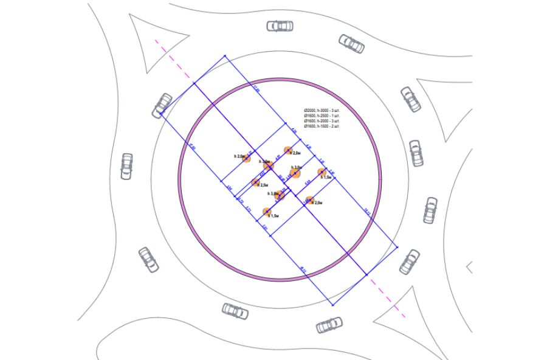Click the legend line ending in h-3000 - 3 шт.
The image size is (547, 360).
322,110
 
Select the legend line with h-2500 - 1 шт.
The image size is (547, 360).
322,116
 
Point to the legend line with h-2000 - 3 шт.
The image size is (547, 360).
322,121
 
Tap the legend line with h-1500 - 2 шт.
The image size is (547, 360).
322,126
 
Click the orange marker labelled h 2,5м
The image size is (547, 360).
256,182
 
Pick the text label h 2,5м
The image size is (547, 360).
264,184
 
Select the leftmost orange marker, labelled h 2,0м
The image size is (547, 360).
246,158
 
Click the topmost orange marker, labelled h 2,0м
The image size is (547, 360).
289,150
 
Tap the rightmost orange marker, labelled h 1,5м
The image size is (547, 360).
322,173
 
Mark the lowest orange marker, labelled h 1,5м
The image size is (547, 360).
267,212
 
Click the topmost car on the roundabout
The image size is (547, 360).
280,26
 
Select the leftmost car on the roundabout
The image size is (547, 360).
126,165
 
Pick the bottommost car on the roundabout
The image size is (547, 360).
329,325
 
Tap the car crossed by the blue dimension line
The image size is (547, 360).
163,105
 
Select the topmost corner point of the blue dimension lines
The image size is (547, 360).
225,56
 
